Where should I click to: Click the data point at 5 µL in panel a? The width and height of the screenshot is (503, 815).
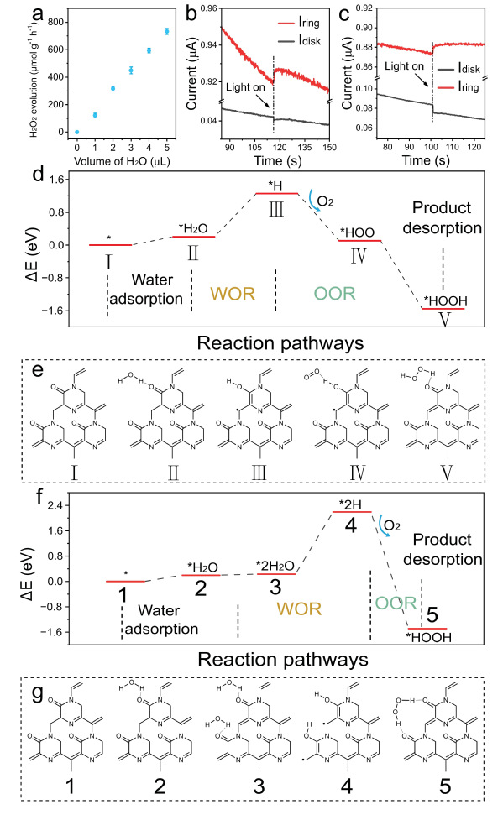tap(167, 31)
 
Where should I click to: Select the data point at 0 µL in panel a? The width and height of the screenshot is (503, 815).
tap(77, 132)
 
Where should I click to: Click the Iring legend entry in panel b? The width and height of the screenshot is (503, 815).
tap(299, 23)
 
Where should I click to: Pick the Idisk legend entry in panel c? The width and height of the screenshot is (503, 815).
tap(458, 68)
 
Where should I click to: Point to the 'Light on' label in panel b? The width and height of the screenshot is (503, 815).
tap(245, 86)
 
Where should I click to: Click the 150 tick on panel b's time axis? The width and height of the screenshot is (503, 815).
tap(329, 147)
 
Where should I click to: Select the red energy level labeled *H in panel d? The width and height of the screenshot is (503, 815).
tap(277, 194)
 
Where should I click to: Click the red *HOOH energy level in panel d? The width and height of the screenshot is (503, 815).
tap(443, 309)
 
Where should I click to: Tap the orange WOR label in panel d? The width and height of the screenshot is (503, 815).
tap(233, 294)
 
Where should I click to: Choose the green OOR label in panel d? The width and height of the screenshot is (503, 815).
tap(334, 293)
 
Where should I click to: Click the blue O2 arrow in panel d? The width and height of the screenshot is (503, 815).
tap(313, 199)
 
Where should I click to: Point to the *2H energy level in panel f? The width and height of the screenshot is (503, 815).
tap(352, 512)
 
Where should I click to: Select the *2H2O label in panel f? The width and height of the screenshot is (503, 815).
tap(275, 566)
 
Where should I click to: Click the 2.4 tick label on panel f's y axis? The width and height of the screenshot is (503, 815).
tap(55, 505)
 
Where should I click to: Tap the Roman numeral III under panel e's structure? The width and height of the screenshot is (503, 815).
tap(259, 473)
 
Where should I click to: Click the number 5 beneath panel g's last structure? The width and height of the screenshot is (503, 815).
tap(445, 786)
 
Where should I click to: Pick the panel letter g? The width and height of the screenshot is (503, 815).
tap(37, 694)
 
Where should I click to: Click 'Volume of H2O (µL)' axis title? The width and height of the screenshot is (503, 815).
tap(122, 161)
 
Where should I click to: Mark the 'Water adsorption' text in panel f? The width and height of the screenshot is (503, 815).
tap(161, 619)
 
